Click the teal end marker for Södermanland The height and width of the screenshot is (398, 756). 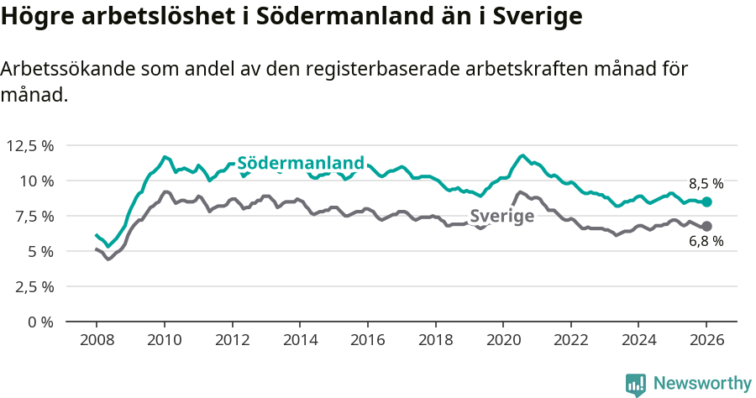click(x=707, y=202)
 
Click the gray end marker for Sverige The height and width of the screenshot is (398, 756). click(x=707, y=226)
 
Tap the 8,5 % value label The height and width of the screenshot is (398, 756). click(x=706, y=183)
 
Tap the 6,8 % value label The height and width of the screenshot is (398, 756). click(x=706, y=243)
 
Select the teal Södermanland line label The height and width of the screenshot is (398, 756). click(x=301, y=163)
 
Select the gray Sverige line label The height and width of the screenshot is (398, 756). click(x=501, y=216)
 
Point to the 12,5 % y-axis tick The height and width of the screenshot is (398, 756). click(x=30, y=145)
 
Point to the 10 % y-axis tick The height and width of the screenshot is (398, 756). click(x=37, y=181)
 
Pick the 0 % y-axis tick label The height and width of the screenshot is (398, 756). click(x=41, y=322)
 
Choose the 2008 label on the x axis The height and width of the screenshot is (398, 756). click(x=97, y=341)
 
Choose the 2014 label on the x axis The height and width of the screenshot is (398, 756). click(x=300, y=341)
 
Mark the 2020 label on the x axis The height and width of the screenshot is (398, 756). click(x=503, y=341)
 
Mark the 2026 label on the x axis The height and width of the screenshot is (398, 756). click(x=706, y=341)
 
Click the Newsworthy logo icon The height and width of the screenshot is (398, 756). click(x=636, y=384)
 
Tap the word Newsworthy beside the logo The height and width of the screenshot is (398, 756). click(x=701, y=384)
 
